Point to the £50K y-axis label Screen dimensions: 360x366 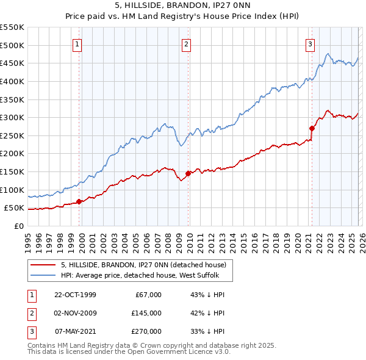[13, 208]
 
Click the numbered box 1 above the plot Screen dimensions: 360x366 [78, 44]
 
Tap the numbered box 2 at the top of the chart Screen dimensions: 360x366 [186, 44]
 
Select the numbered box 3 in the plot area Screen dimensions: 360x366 [310, 44]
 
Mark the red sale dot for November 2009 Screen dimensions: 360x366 [188, 173]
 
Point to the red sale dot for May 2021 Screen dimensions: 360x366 [312, 128]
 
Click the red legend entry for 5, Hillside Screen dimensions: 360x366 [143, 265]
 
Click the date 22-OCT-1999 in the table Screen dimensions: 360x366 [75, 295]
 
